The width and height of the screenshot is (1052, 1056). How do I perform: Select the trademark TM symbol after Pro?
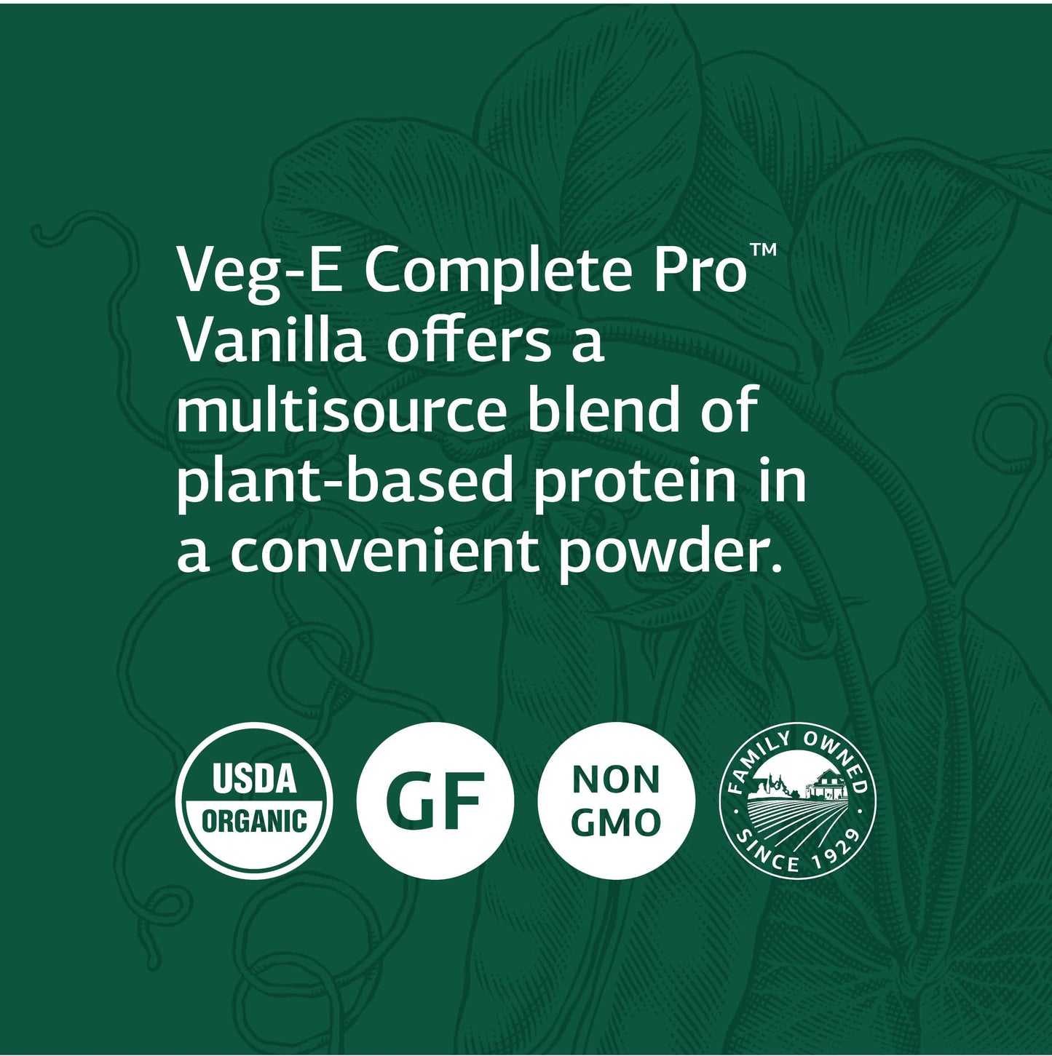(764, 251)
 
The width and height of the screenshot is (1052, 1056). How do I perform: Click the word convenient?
(384, 552)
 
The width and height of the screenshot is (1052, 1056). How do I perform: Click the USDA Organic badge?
(254, 801)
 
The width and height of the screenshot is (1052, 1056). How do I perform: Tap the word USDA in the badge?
(254, 779)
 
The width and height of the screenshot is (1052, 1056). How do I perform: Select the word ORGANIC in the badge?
(254, 822)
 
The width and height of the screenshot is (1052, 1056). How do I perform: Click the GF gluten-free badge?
(435, 801)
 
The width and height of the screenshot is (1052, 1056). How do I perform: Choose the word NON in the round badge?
(616, 779)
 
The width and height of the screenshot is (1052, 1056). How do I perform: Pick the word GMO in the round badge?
(616, 822)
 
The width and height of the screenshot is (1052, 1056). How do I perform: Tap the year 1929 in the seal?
(837, 851)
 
